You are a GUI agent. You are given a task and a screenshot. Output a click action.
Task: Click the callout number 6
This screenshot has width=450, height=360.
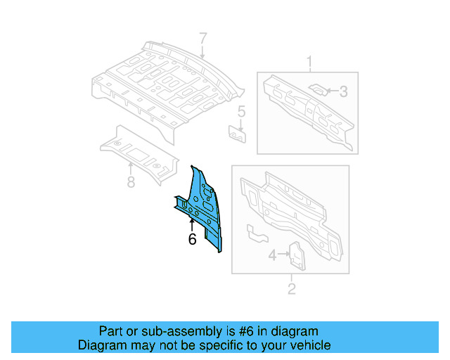pyautogui.click(x=192, y=239)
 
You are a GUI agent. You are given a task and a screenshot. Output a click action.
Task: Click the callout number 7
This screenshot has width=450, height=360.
pyautogui.click(x=202, y=39)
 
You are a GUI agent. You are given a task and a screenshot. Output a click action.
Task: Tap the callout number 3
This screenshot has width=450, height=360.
pyautogui.click(x=343, y=91)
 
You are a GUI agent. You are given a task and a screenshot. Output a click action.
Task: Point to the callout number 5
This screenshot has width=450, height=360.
pyautogui.click(x=240, y=111)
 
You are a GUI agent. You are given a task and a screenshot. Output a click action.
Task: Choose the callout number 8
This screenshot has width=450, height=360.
pyautogui.click(x=131, y=184)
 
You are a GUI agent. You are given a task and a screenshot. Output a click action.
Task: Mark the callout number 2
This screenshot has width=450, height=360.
pyautogui.click(x=292, y=288)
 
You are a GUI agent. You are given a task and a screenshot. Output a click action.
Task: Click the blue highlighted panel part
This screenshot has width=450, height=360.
pyautogui.click(x=202, y=207)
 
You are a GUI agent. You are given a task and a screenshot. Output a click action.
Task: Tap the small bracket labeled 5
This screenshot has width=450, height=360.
pyautogui.click(x=238, y=134)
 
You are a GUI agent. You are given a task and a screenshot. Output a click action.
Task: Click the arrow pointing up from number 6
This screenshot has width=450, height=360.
pyautogui.click(x=192, y=224)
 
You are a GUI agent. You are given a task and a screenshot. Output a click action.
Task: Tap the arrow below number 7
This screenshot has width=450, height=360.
pyautogui.click(x=202, y=52)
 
